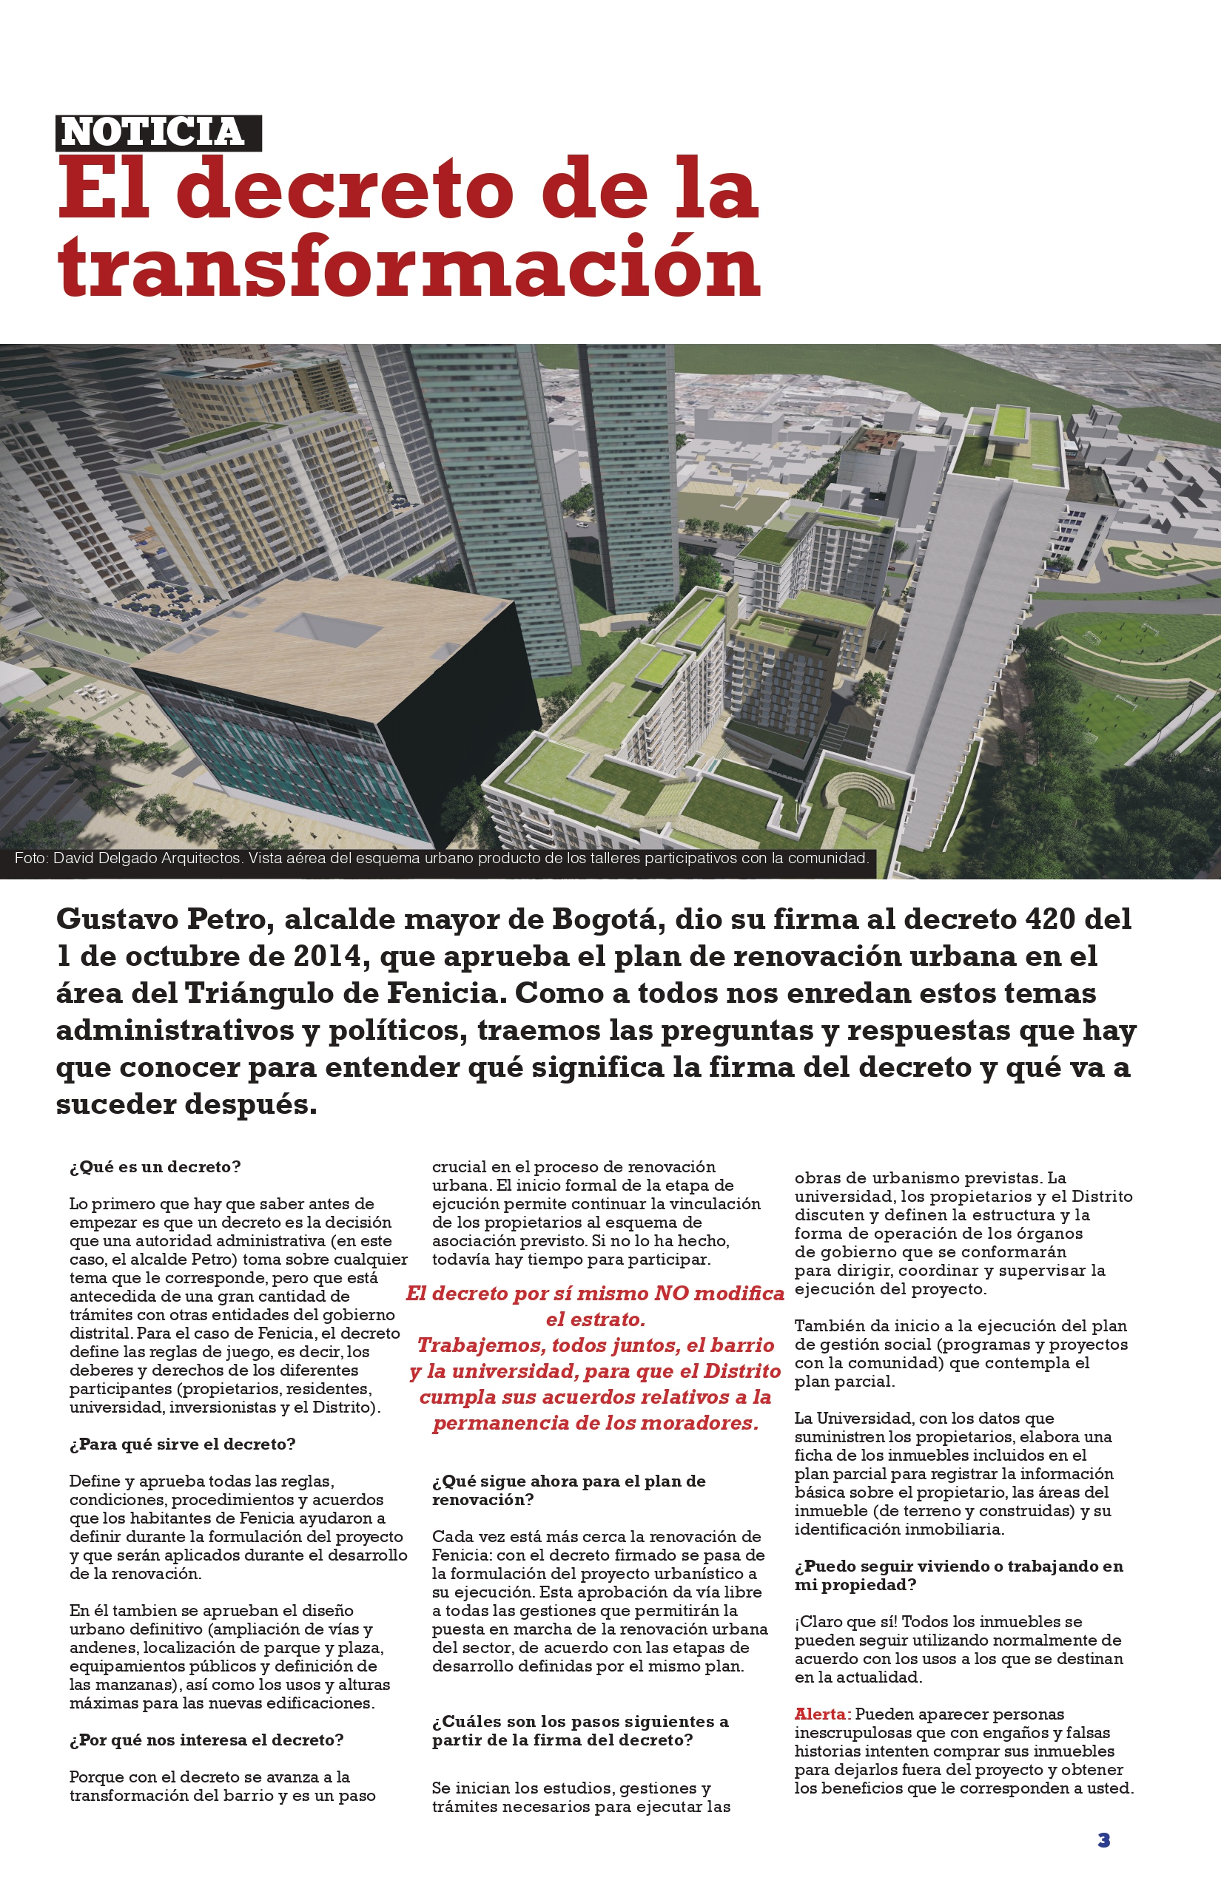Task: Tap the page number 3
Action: coord(1103,1840)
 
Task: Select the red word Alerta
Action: coord(822,1714)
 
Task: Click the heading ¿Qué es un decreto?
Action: coord(155,1166)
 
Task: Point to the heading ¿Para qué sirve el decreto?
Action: coord(182,1444)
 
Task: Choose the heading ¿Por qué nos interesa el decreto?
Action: coord(206,1740)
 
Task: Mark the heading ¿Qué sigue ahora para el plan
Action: coord(568,1481)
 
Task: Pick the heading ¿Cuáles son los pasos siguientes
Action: coord(579,1721)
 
